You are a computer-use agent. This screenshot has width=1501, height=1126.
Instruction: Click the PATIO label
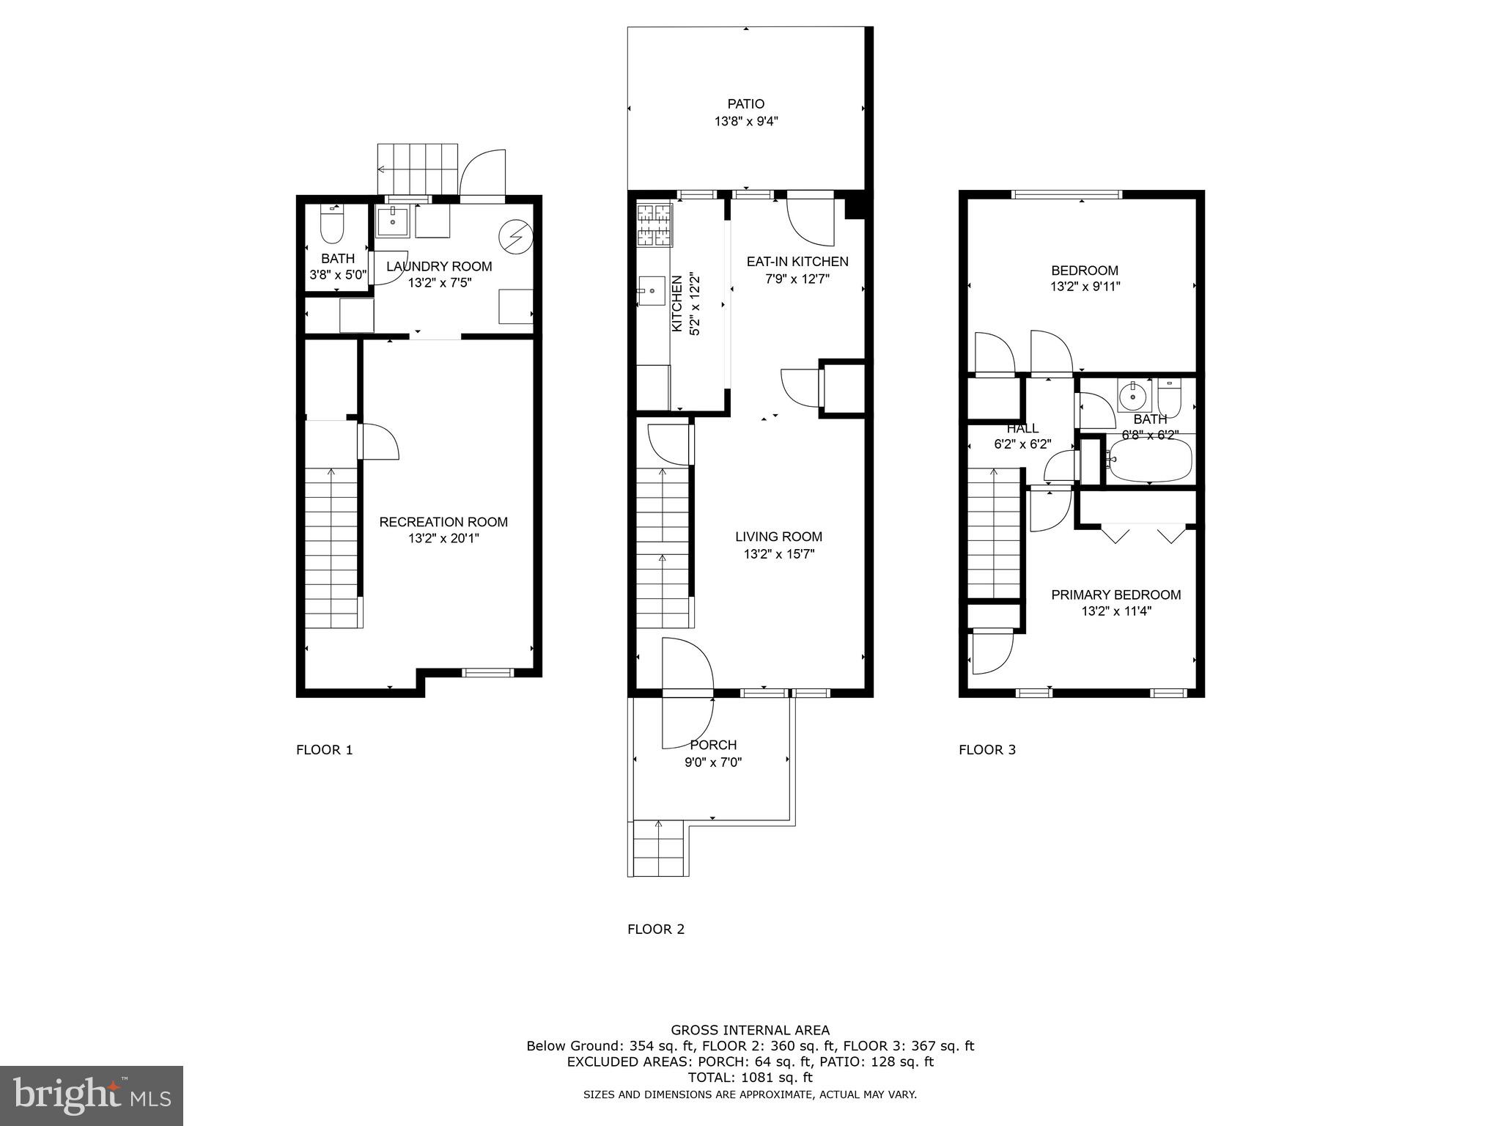coord(745,104)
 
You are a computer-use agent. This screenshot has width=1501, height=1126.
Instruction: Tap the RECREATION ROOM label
coord(443,522)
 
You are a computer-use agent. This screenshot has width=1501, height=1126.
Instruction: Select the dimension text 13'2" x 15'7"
coord(779,554)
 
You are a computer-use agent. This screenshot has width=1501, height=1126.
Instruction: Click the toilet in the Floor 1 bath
coord(332,226)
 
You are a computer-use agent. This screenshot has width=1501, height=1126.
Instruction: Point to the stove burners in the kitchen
coord(654,225)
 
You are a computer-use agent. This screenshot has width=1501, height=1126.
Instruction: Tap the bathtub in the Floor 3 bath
coord(1149,460)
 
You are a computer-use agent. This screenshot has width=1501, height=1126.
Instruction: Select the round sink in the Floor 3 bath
coord(1133,397)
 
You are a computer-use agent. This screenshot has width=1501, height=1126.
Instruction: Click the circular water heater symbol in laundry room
coord(515,235)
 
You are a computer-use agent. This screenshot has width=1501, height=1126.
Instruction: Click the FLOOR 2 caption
coord(656,930)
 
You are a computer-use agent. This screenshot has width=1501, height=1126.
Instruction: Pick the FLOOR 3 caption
coord(987,750)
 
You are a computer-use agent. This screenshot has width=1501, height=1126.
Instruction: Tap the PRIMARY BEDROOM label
coord(1115,595)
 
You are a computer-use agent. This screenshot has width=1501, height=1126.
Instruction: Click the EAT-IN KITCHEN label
coord(797,262)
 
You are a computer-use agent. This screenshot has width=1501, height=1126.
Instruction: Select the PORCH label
coord(713,746)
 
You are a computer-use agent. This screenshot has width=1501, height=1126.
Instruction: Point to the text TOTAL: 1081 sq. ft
coord(750,1078)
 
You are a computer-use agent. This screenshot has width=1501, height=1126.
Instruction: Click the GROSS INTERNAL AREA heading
coord(750,1031)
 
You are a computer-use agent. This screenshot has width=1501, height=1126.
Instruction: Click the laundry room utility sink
coord(394,221)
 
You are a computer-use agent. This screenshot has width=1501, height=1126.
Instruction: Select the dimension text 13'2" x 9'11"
coord(1085,287)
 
